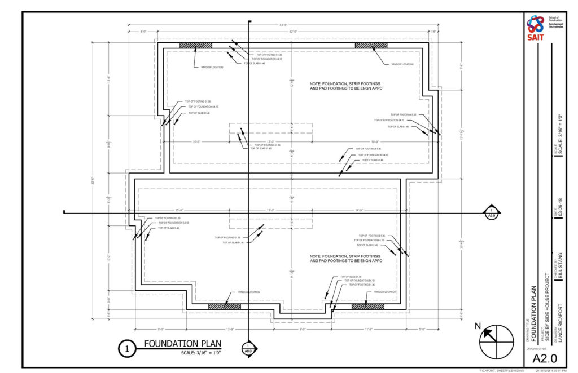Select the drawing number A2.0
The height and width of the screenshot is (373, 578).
(x=542, y=358)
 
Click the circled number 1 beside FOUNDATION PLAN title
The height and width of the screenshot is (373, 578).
(x=127, y=349)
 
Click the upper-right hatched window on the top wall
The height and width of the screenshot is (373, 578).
(x=371, y=45)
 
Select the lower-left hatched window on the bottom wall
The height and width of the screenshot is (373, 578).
(x=224, y=307)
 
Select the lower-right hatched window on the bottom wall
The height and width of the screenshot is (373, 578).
(x=368, y=307)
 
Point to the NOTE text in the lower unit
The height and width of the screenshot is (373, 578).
(x=346, y=259)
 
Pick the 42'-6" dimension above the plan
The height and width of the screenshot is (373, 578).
(x=292, y=32)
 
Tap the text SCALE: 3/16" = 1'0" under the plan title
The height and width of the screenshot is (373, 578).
(x=201, y=353)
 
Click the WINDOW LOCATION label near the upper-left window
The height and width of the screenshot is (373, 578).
(x=212, y=67)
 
